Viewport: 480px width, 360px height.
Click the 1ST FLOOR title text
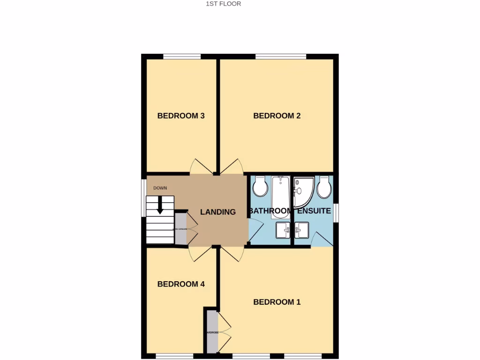tap(224, 4)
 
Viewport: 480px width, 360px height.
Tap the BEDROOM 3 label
tap(181, 116)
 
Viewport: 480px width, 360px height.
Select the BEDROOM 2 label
tap(277, 116)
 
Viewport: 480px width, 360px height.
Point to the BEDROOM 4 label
tap(181, 284)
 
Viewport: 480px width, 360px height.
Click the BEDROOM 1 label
tap(277, 302)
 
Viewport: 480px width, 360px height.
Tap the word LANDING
tap(218, 212)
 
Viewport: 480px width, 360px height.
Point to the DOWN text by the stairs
tap(160, 188)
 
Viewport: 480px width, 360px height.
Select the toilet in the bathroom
tap(260, 187)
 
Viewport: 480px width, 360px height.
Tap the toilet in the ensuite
tap(324, 188)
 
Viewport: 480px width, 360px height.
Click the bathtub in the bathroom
tap(281, 196)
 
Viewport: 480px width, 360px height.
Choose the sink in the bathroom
tap(283, 230)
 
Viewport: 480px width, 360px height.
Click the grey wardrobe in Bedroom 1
tap(212, 332)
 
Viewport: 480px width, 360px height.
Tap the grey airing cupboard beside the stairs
tap(180, 229)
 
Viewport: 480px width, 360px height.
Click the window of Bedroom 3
tap(182, 57)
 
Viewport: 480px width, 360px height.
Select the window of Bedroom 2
tap(281, 57)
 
